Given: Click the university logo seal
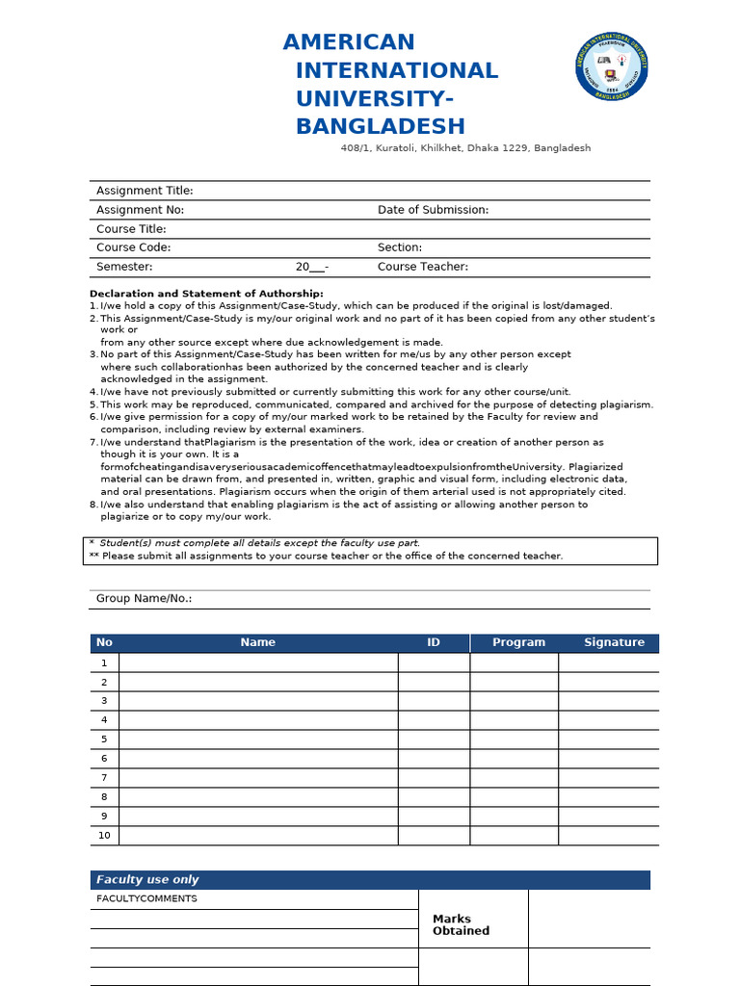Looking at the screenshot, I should (x=612, y=65).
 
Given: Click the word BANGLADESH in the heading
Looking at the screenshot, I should (x=380, y=126).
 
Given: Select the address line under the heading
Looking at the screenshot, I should (x=465, y=148).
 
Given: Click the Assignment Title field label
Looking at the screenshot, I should (x=145, y=191).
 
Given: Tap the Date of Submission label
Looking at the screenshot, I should (x=433, y=210).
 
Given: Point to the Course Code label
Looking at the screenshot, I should (x=133, y=247).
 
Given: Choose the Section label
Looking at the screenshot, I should (x=400, y=247).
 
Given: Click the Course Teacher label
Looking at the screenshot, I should (x=423, y=267).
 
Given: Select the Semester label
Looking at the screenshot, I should (x=124, y=267).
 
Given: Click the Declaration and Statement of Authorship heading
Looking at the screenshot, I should (x=206, y=294).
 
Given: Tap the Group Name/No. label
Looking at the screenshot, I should (x=144, y=599).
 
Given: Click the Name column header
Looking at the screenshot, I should (x=257, y=642).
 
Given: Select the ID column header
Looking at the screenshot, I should (x=434, y=642).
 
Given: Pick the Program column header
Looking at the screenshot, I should (x=518, y=642).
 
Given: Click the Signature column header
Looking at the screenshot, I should (x=614, y=642).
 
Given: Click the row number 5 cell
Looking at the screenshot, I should (x=104, y=739).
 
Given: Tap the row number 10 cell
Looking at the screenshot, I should (x=104, y=836).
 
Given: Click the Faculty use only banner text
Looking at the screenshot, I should (x=147, y=880).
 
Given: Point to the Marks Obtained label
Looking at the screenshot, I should (x=461, y=925).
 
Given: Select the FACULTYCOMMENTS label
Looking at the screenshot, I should (x=146, y=898).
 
